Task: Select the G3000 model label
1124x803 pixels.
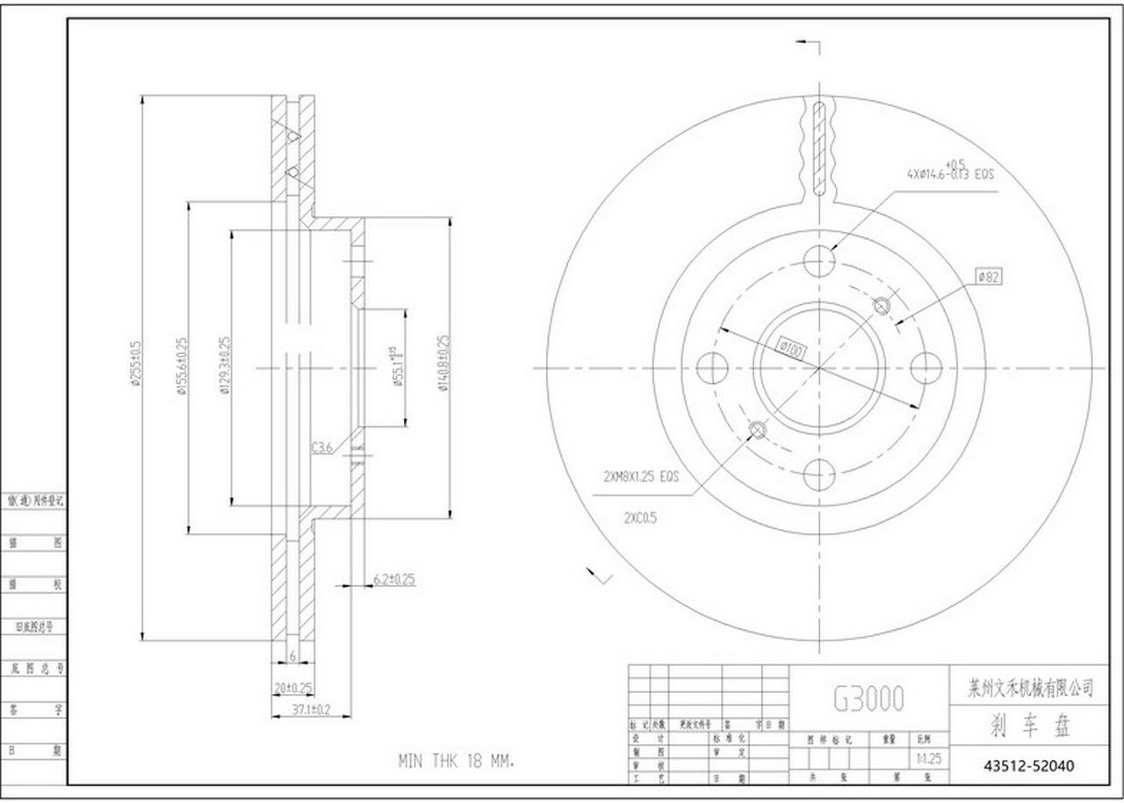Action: coord(868,699)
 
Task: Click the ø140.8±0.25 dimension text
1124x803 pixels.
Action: coord(444,364)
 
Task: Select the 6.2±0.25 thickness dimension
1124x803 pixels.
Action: coord(394,579)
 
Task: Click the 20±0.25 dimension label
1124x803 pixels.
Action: coord(292,687)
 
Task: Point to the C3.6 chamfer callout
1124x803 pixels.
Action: coord(322,447)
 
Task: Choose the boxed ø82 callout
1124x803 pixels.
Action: coord(989,278)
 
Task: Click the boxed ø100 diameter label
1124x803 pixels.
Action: coord(791,349)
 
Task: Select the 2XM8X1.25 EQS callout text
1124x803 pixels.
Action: coord(642,478)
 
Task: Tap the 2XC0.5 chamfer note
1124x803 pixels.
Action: coord(640,517)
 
